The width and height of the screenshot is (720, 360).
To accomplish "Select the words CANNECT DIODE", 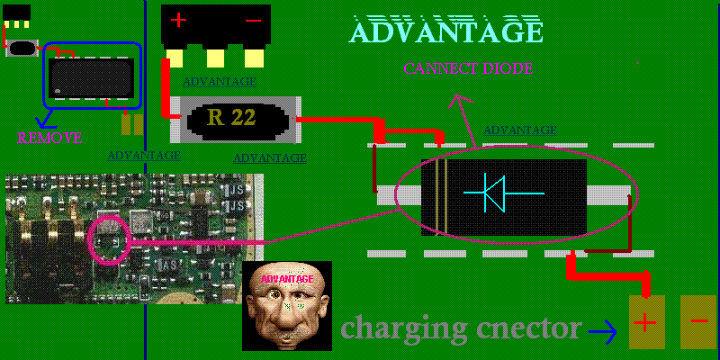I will tap(468, 68).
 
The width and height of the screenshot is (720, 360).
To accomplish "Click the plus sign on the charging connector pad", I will tap(646, 322).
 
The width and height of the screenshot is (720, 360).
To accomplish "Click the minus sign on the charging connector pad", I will tap(698, 322).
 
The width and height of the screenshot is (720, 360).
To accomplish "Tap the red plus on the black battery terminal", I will tap(179, 20).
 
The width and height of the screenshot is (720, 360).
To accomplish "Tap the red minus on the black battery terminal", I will tap(253, 20).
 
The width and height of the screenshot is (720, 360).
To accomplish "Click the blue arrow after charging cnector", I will tap(604, 332).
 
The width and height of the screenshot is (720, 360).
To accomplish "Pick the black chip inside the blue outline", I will tap(91, 76).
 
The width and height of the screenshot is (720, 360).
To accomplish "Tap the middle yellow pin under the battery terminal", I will tap(215, 58).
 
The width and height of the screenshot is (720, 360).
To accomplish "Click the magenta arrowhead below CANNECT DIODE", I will tap(463, 103).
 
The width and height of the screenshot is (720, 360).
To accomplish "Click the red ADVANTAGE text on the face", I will tap(287, 279).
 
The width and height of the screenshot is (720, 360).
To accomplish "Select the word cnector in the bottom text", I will tap(530, 328).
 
